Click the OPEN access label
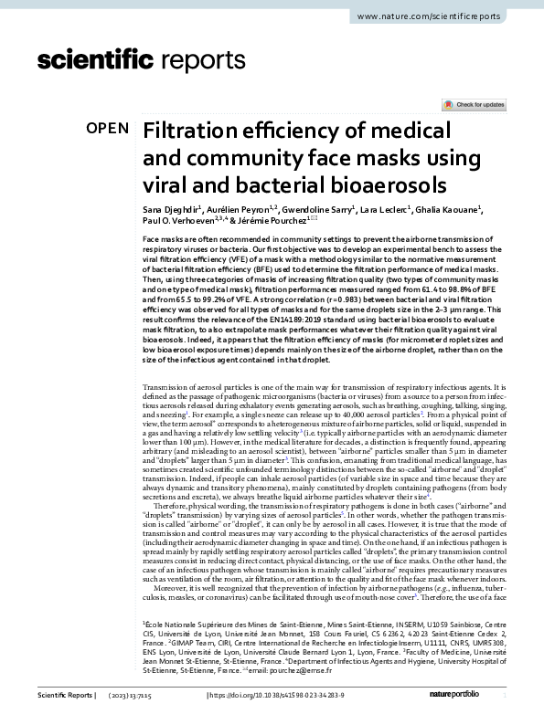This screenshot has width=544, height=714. coord(108,130)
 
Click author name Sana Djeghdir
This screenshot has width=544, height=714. coord(177,212)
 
